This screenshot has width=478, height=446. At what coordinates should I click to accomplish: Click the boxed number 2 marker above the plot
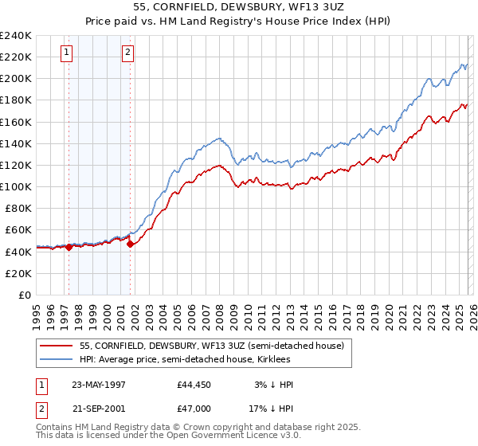pyautogui.click(x=128, y=53)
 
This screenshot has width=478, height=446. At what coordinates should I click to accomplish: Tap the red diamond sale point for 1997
pyautogui.click(x=69, y=247)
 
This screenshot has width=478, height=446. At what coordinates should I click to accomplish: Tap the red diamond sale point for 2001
pyautogui.click(x=130, y=244)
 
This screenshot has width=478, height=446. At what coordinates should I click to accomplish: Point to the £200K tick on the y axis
pyautogui.click(x=17, y=79)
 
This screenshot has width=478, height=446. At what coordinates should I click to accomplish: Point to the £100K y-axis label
pyautogui.click(x=17, y=186)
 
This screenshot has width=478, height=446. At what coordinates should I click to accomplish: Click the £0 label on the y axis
pyautogui.click(x=25, y=295)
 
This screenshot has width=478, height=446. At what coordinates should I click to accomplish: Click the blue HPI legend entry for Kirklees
pyautogui.click(x=190, y=359)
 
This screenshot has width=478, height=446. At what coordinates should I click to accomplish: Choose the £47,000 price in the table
pyautogui.click(x=194, y=407)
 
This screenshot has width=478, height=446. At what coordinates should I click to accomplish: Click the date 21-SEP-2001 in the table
pyautogui.click(x=100, y=407)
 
